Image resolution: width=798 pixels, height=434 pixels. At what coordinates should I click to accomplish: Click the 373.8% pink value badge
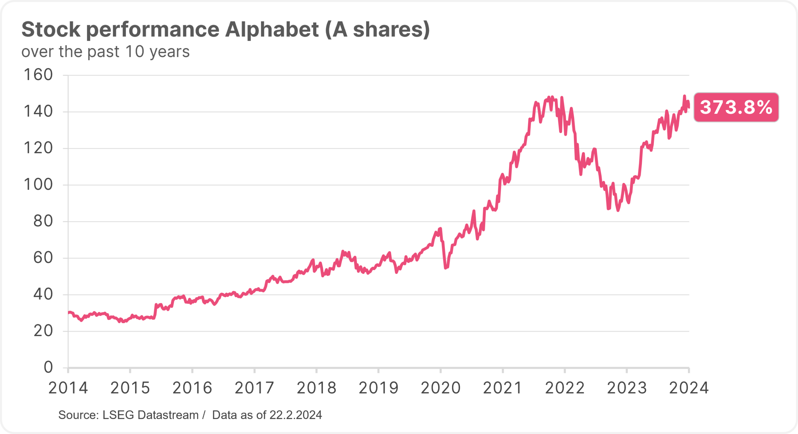point(736,107)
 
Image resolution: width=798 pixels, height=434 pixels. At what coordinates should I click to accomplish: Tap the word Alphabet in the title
point(272,30)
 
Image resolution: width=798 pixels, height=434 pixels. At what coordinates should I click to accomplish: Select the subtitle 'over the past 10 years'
point(105,52)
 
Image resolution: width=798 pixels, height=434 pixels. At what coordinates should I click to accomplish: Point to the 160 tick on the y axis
point(38,75)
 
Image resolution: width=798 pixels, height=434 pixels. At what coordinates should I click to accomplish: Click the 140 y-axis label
point(38,111)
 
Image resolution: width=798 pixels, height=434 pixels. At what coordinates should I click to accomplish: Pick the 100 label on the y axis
point(38,184)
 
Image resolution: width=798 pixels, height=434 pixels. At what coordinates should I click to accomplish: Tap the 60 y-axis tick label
point(43,258)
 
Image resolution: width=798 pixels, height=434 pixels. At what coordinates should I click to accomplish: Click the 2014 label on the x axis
point(68,388)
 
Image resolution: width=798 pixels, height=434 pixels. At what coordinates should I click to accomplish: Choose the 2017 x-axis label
point(254,388)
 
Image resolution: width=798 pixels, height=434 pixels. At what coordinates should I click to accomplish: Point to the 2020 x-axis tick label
point(440,388)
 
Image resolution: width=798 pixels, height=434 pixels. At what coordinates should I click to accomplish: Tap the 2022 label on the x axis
point(565,388)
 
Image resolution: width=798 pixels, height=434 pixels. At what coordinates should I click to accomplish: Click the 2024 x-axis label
point(689,388)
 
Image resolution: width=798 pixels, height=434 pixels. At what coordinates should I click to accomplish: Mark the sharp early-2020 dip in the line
point(446,268)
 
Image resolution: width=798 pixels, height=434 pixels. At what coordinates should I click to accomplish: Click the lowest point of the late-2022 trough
point(618,211)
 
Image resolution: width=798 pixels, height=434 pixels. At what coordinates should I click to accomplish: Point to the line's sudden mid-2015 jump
point(155,308)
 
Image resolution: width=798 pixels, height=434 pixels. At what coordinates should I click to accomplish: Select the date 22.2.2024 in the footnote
point(296,415)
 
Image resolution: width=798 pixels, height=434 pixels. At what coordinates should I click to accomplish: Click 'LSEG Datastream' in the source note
point(151,415)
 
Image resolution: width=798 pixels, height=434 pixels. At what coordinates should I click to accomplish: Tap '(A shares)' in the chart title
point(377,30)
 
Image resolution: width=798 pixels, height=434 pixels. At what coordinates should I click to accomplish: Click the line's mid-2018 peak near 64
point(343,251)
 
